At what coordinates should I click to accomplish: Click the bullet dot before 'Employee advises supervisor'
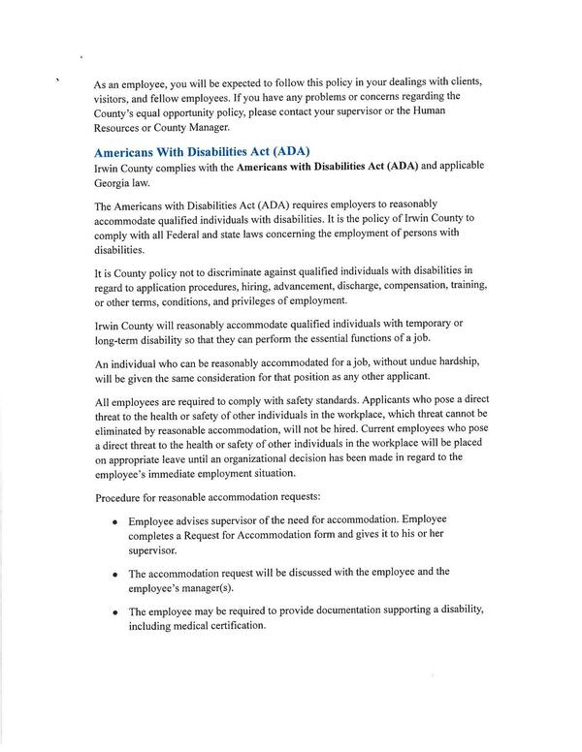(115, 522)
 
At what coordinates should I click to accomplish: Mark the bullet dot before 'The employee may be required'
(115, 613)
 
